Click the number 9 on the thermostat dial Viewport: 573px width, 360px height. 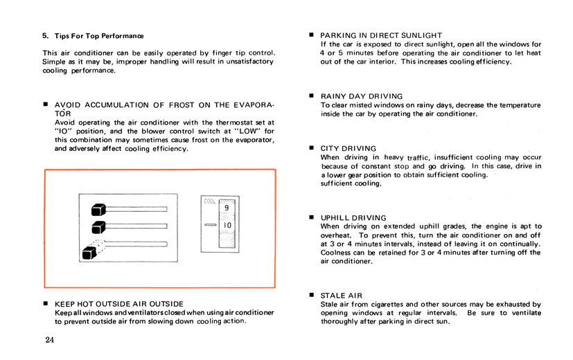[x=227, y=208]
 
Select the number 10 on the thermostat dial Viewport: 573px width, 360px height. [x=227, y=226]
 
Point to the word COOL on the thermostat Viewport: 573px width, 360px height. [x=211, y=201]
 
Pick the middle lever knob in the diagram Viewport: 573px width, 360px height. [x=98, y=226]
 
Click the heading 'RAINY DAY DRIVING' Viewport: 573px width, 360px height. [x=361, y=96]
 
